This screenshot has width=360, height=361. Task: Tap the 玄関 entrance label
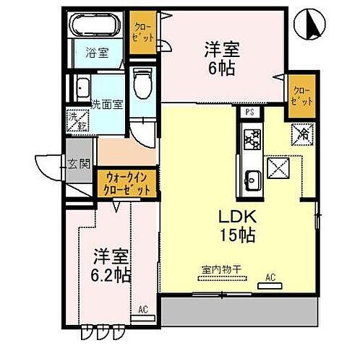(78, 164)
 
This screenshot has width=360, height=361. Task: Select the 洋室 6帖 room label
(221, 58)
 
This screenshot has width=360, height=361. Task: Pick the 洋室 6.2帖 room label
(111, 266)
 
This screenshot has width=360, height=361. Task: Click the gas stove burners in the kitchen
(253, 138)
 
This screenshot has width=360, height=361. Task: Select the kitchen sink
(253, 177)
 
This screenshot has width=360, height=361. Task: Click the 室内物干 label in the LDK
(221, 271)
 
